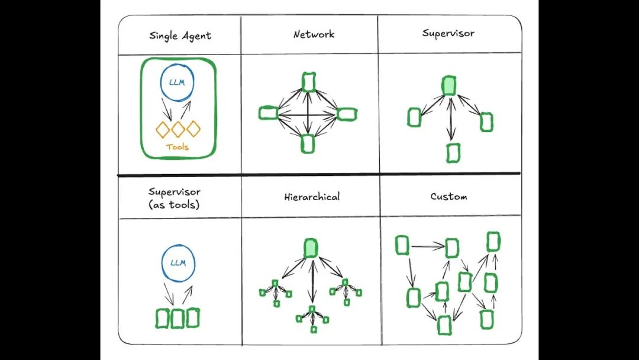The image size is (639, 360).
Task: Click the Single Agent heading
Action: (180, 36)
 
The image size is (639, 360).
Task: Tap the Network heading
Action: (314, 34)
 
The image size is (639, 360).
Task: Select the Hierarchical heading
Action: (312, 197)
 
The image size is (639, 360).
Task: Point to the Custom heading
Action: (448, 196)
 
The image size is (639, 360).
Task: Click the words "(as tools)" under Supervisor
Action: (174, 204)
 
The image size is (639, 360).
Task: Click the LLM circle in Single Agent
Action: (177, 82)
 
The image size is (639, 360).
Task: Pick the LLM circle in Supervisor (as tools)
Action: (177, 262)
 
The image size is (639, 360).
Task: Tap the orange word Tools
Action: (177, 147)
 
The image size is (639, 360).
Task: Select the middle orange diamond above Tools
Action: (178, 128)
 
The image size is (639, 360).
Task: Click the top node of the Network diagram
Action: (308, 82)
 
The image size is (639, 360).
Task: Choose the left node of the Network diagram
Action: (269, 113)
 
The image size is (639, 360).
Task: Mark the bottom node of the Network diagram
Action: (307, 143)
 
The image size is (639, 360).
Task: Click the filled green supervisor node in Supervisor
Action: (449, 86)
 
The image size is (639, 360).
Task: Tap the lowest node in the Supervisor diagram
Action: (453, 153)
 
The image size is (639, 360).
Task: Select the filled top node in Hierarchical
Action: (311, 247)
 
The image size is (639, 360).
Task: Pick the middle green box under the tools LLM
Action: (177, 318)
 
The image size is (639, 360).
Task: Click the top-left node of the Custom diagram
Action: (402, 245)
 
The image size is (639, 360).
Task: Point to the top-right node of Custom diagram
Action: (493, 242)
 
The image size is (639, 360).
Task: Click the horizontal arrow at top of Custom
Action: (427, 246)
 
